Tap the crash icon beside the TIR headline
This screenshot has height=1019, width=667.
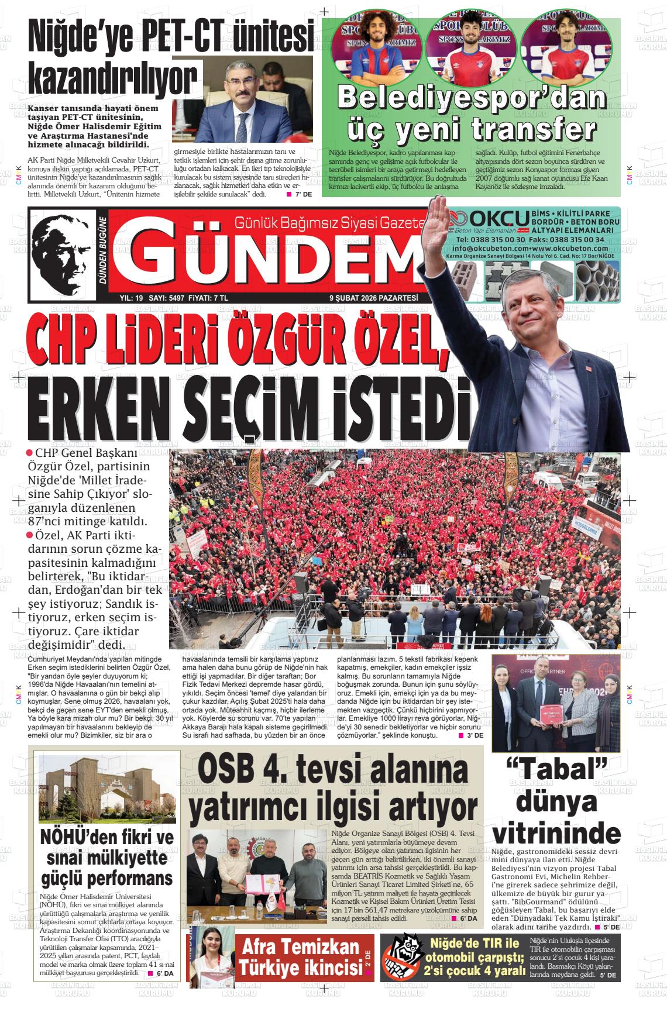(x=403, y=954)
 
